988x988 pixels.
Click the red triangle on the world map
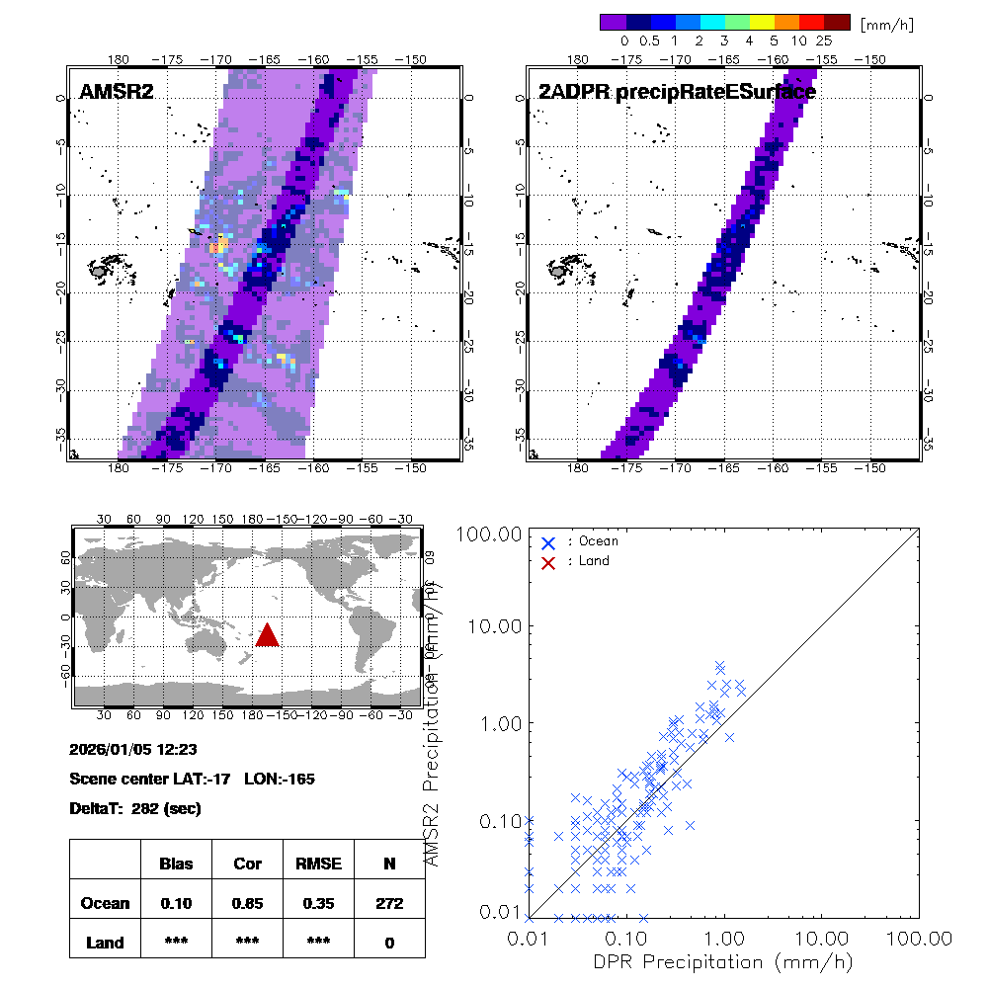click(268, 635)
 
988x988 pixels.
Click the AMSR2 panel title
click(118, 93)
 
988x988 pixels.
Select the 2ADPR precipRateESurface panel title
click(677, 93)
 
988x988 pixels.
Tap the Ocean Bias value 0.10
click(176, 903)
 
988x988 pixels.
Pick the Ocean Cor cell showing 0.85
click(247, 903)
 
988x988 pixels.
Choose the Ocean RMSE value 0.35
click(318, 903)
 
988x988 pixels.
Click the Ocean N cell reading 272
click(389, 903)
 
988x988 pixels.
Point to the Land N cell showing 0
click(389, 943)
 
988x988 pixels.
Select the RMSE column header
click(318, 864)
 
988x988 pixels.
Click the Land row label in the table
click(105, 943)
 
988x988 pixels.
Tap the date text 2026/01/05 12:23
click(126, 748)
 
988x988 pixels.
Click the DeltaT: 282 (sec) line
click(135, 808)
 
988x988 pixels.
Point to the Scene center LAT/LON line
click(193, 779)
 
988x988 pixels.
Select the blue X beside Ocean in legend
click(549, 541)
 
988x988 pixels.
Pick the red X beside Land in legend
click(549, 561)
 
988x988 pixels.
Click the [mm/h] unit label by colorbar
click(886, 23)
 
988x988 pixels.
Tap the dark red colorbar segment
click(837, 22)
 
